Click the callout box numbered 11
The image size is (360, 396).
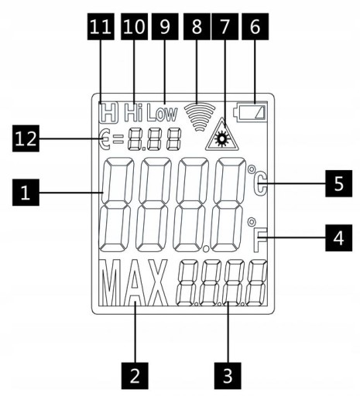point(101,26)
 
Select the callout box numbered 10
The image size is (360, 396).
point(134,26)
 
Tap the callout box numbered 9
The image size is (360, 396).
point(165,26)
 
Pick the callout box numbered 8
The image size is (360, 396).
point(197,26)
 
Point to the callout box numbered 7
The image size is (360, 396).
point(225,26)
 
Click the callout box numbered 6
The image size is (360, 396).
point(255,26)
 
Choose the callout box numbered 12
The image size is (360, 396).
point(26,138)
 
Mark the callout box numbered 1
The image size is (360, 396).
point(26,193)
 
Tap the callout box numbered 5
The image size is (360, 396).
point(338,183)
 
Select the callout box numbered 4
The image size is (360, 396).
point(338,237)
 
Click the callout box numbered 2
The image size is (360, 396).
point(135,376)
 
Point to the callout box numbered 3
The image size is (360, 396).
point(228,376)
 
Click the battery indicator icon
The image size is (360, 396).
point(250,112)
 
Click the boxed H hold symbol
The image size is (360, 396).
point(108,112)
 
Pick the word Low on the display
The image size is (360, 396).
point(163,114)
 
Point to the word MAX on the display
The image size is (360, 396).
point(133,282)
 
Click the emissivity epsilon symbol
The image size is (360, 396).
point(105,139)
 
